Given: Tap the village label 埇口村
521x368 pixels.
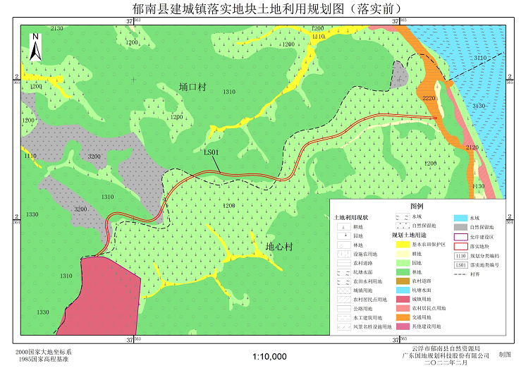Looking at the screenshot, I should point(192,87).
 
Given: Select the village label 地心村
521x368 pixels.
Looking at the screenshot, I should point(279,247).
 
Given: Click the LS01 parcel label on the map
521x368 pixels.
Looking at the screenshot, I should point(212,152).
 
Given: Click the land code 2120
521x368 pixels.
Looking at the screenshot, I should point(472,147).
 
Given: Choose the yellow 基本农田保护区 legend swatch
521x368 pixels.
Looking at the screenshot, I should point(402,245).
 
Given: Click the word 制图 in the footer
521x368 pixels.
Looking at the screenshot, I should point(505,355).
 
